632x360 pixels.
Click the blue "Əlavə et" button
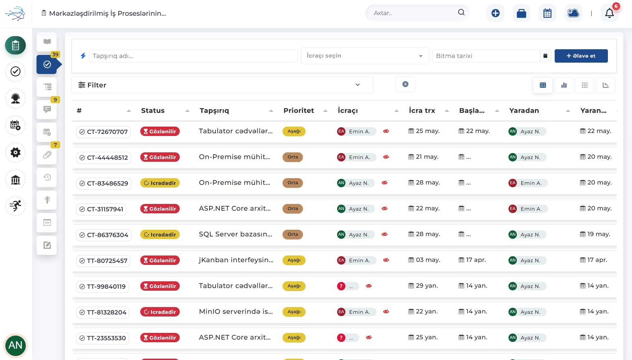[581, 56]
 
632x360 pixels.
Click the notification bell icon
[610, 13]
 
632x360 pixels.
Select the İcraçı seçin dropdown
[365, 56]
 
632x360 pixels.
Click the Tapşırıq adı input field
[193, 56]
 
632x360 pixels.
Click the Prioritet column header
[299, 111]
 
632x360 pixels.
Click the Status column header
[153, 111]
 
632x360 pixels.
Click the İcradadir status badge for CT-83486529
[160, 183]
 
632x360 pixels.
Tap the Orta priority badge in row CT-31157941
[293, 209]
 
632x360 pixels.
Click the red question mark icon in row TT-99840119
[341, 286]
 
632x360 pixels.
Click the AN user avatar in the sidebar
[15, 345]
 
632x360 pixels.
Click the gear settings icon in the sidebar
[15, 152]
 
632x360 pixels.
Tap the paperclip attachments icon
[47, 155]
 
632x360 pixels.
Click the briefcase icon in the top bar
[522, 13]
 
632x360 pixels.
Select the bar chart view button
[564, 85]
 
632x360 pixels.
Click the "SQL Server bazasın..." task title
[235, 234]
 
